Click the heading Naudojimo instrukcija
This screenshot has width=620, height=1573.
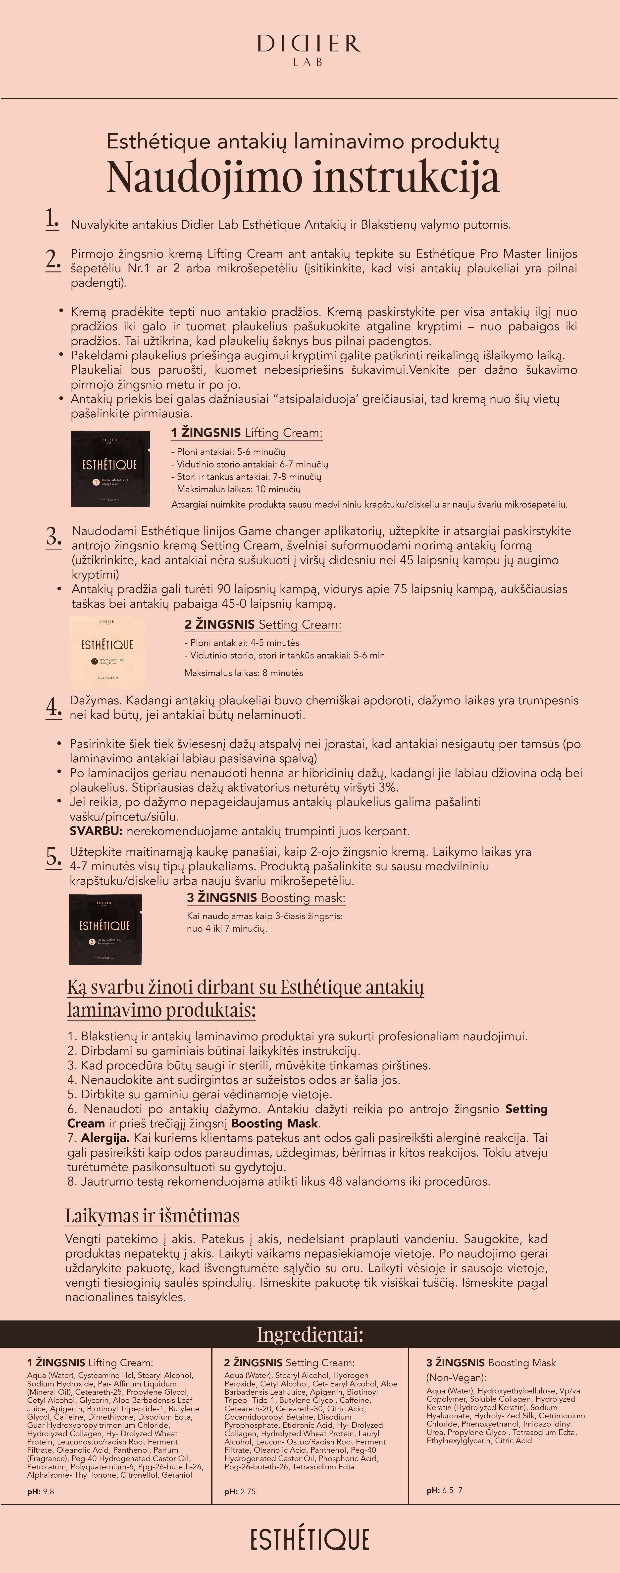pos(303,177)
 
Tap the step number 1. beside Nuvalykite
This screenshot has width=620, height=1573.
pos(52,219)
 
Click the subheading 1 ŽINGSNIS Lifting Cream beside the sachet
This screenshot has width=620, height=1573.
pos(247,433)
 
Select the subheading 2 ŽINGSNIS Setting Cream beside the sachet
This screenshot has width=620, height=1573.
pos(263,625)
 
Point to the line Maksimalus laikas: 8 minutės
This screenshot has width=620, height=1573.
pos(244,673)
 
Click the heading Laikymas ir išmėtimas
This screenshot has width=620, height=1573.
pos(153,1215)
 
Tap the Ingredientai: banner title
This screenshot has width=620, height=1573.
pos(310,1334)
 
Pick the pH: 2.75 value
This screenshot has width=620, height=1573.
pos(240,1491)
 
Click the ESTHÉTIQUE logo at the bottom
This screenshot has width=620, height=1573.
pos(310,1539)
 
